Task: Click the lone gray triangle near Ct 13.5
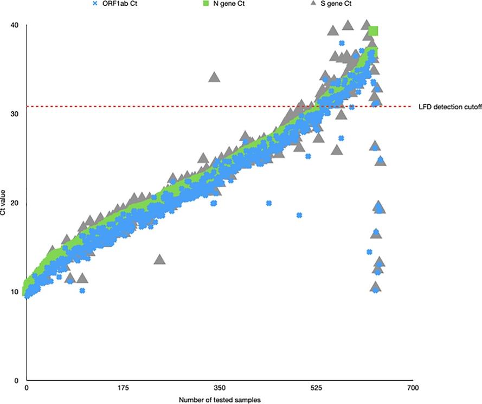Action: pyautogui.click(x=159, y=259)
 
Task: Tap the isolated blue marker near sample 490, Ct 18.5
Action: pyautogui.click(x=299, y=215)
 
